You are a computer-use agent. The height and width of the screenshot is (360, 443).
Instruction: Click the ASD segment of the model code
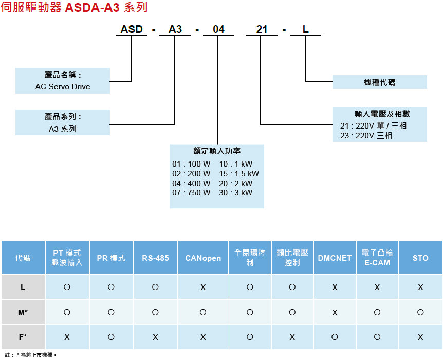pyautogui.click(x=132, y=29)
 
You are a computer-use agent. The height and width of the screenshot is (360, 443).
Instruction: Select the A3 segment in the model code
pyautogui.click(x=175, y=29)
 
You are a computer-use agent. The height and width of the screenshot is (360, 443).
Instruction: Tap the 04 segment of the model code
pyautogui.click(x=218, y=29)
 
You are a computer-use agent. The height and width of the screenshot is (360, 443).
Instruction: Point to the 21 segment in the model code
pyautogui.click(x=262, y=29)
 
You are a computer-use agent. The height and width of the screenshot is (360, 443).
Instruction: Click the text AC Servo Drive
pyautogui.click(x=63, y=87)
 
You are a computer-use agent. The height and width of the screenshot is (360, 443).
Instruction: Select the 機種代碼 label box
pyautogui.click(x=379, y=82)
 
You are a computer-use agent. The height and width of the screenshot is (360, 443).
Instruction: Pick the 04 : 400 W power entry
pyautogui.click(x=192, y=183)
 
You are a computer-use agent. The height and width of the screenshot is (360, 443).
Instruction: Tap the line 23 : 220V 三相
pyautogui.click(x=366, y=136)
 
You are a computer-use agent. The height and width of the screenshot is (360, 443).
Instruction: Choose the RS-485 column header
pyautogui.click(x=155, y=258)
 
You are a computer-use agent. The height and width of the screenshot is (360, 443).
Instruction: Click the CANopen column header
pyautogui.click(x=203, y=258)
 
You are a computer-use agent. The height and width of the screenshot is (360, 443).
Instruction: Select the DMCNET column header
pyautogui.click(x=335, y=258)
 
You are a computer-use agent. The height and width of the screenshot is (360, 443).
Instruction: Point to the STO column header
pyautogui.click(x=420, y=258)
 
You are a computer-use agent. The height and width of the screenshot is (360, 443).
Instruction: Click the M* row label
pyautogui.click(x=23, y=312)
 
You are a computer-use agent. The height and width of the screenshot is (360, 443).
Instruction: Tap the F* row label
pyautogui.click(x=23, y=337)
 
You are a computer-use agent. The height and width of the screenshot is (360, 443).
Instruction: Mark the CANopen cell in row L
pyautogui.click(x=203, y=287)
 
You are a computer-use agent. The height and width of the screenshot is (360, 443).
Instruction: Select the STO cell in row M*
pyautogui.click(x=420, y=312)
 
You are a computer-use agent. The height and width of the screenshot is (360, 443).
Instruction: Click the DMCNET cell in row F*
pyautogui.click(x=335, y=337)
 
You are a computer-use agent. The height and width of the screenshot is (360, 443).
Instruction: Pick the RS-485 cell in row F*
pyautogui.click(x=155, y=337)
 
